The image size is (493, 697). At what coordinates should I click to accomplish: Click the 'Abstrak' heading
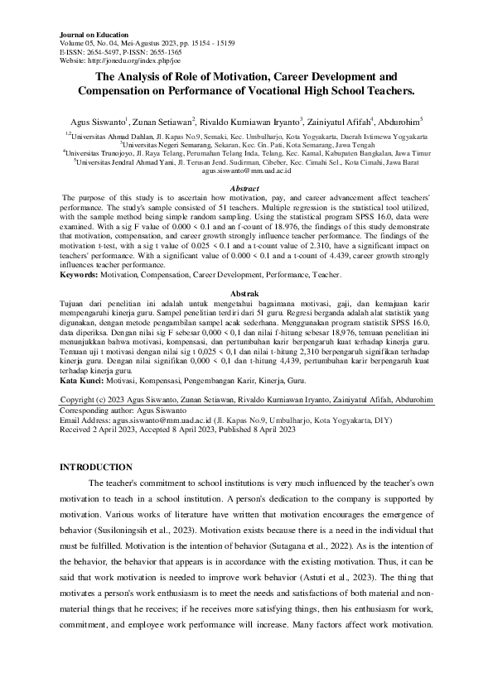(246, 294)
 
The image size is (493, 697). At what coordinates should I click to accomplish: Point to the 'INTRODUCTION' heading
(95, 467)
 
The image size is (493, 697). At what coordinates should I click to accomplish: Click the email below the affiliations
(246, 171)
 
